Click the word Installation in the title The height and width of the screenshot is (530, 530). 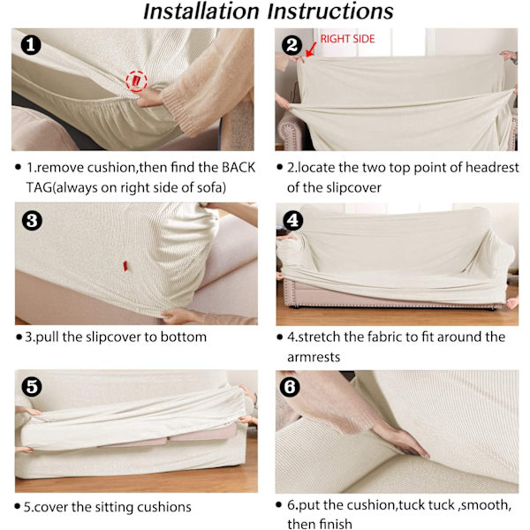point(201,11)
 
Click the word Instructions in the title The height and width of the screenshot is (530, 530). point(330,11)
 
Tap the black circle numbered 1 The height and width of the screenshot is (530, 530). point(31,45)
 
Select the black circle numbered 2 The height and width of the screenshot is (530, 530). point(292,45)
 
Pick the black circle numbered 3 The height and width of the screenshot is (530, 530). point(32,221)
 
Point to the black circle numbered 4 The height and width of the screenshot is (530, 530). point(292,220)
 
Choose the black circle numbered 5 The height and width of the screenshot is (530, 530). point(32,387)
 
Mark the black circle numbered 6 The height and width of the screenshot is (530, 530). point(290,387)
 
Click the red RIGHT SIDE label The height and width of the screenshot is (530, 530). point(347,39)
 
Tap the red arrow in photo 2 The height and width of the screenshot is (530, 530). point(311,49)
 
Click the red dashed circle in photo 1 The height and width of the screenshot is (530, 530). point(136,81)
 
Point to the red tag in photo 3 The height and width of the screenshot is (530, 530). point(125,266)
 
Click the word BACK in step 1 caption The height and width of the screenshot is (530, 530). point(238,168)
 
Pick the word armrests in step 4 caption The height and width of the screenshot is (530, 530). point(314,357)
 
